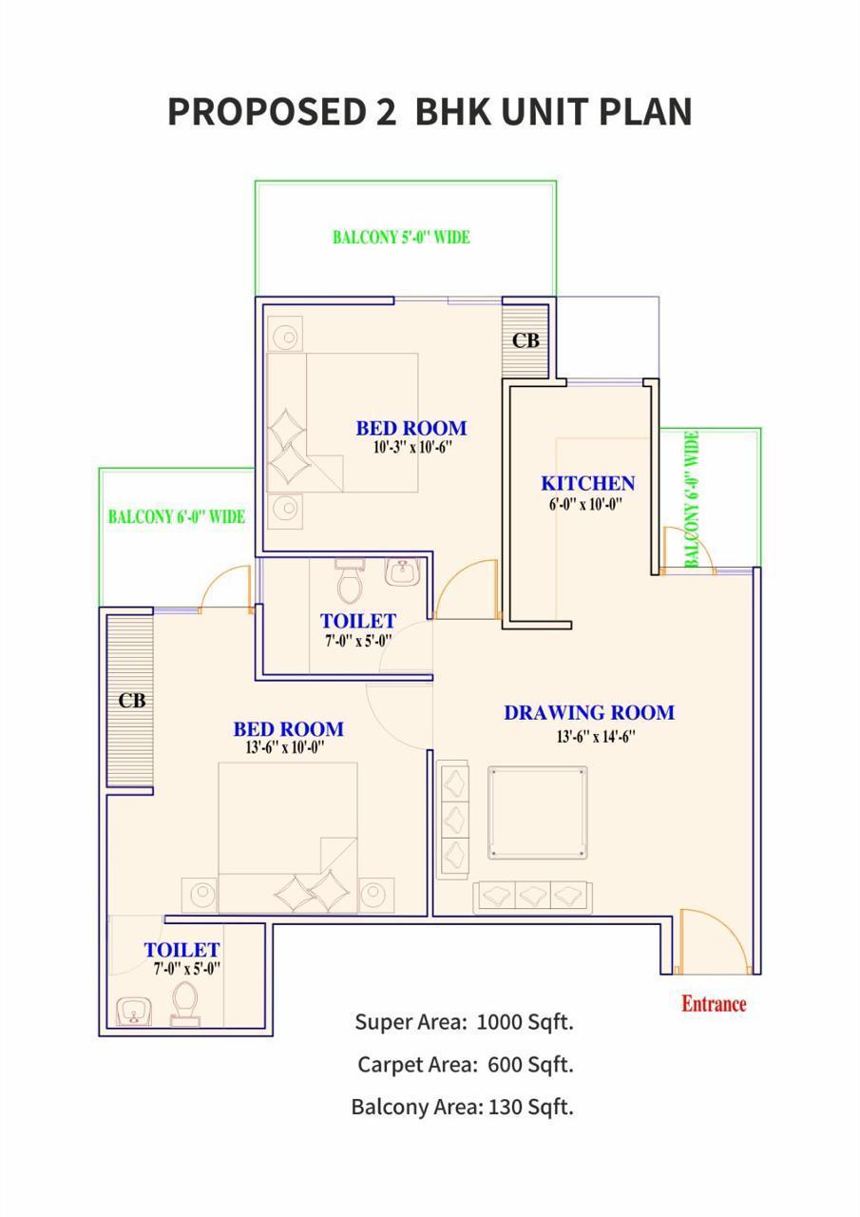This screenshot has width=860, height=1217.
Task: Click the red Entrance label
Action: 714,1004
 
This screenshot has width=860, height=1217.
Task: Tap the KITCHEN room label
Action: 587,484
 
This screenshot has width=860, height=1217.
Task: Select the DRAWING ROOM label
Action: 588,713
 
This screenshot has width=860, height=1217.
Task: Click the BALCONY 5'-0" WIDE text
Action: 401,238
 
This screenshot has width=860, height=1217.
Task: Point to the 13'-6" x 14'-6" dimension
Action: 596,737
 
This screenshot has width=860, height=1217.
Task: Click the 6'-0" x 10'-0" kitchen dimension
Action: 585,506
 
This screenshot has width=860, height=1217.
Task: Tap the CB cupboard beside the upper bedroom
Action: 526,339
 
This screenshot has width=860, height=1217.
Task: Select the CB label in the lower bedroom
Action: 132,701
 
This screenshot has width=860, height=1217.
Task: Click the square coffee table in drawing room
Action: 537,813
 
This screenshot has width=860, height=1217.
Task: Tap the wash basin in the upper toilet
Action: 402,572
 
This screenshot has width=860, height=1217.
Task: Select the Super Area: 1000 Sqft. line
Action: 464,1022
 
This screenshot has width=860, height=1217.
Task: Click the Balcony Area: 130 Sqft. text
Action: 462,1107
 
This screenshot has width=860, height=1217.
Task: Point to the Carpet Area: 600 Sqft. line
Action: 465,1065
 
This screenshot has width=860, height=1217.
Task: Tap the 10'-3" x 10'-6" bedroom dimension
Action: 411,448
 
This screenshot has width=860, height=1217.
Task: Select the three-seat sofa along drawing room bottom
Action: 532,896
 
